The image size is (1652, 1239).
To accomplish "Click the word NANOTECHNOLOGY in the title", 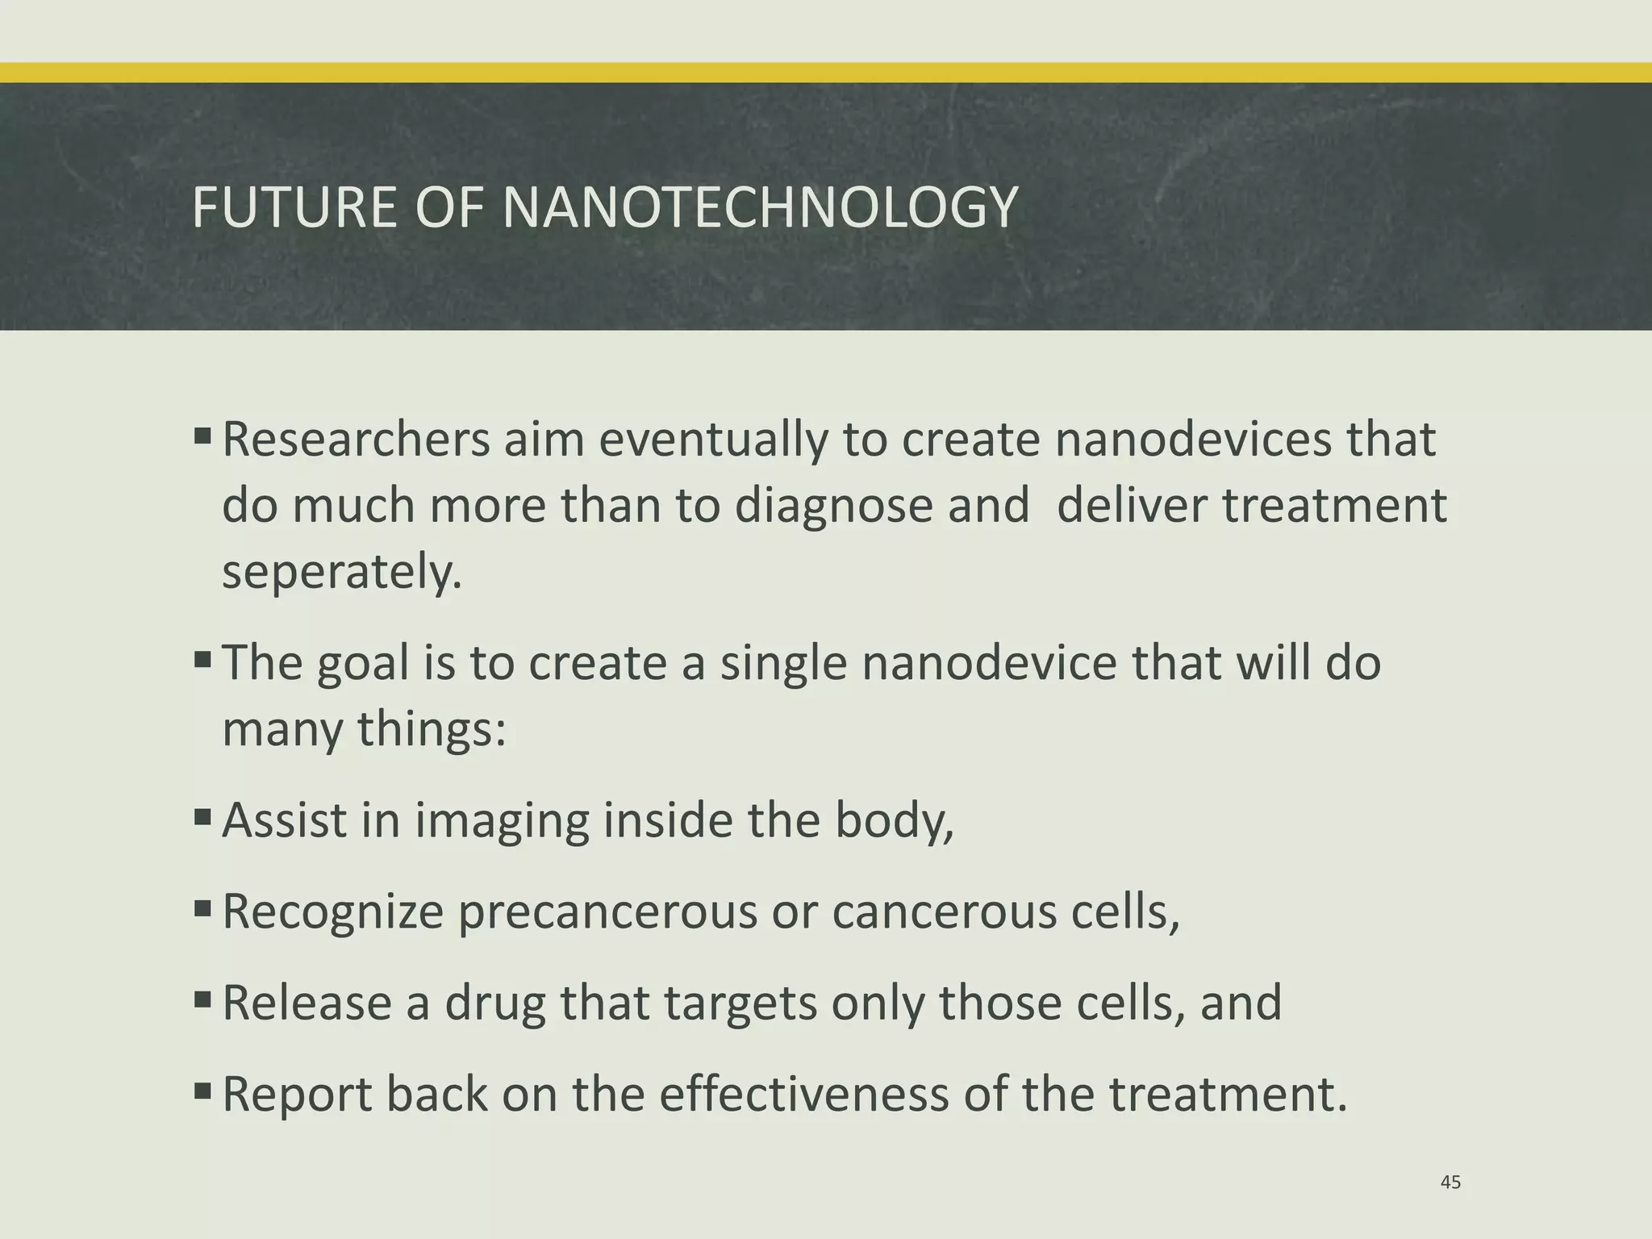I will pos(760,208).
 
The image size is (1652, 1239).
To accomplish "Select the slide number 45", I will pos(1450,1183).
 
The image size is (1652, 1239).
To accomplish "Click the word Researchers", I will pos(356,440).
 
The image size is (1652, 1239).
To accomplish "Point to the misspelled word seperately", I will pos(342,573).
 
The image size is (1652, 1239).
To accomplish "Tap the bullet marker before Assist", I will pos(202,819).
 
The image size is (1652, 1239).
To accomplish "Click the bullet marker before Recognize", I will pos(202,910).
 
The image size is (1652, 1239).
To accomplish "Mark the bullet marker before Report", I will pos(202,1093).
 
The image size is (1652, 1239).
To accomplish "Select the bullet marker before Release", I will pos(202,1002).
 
